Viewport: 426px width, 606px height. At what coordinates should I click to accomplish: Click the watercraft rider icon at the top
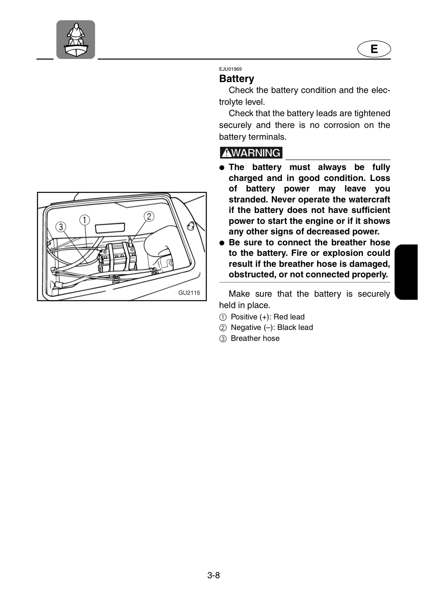[x=76, y=40]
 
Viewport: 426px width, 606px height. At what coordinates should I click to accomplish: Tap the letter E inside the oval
[x=374, y=49]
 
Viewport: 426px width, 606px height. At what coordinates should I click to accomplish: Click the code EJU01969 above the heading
[x=230, y=69]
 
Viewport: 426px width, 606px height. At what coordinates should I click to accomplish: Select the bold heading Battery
[x=237, y=79]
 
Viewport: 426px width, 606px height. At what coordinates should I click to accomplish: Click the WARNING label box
[x=251, y=153]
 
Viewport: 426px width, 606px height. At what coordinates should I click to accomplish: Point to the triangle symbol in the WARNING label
[x=226, y=153]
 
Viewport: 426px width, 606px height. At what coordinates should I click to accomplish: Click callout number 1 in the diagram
[x=84, y=220]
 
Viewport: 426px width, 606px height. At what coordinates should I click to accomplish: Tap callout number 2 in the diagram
[x=149, y=216]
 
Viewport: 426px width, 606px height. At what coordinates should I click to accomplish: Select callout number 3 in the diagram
[x=61, y=227]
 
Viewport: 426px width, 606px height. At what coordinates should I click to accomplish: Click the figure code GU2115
[x=189, y=292]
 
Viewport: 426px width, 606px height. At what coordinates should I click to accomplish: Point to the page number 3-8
[x=213, y=575]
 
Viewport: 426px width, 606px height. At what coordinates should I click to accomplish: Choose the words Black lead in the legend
[x=295, y=327]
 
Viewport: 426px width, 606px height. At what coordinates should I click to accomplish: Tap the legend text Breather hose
[x=255, y=338]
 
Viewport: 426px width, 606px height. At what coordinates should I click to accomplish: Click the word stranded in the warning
[x=249, y=199]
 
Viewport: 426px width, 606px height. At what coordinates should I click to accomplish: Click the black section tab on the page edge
[x=406, y=272]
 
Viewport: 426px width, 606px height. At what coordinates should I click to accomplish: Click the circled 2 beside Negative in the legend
[x=223, y=328]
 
